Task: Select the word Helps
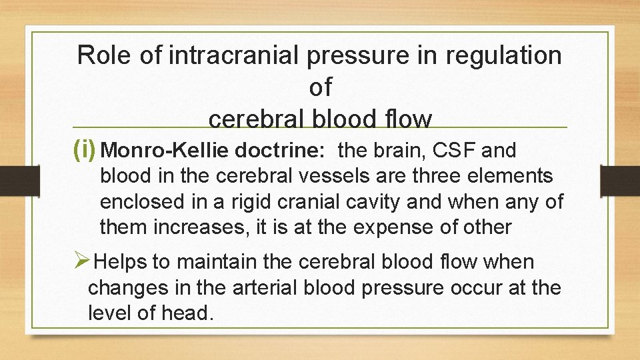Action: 121,262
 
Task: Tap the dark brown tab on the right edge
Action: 629,181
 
